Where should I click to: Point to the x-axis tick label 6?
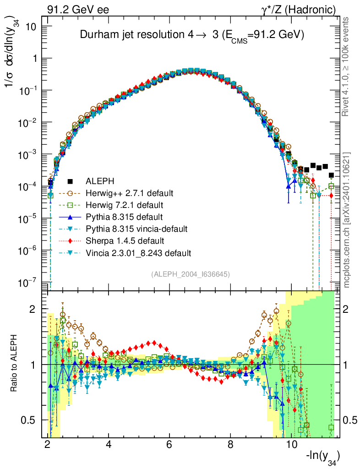tap(169, 444)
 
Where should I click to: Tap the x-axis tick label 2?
tap(48, 444)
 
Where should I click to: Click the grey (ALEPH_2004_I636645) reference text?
tap(190, 274)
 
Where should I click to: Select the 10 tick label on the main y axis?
tap(31, 27)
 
